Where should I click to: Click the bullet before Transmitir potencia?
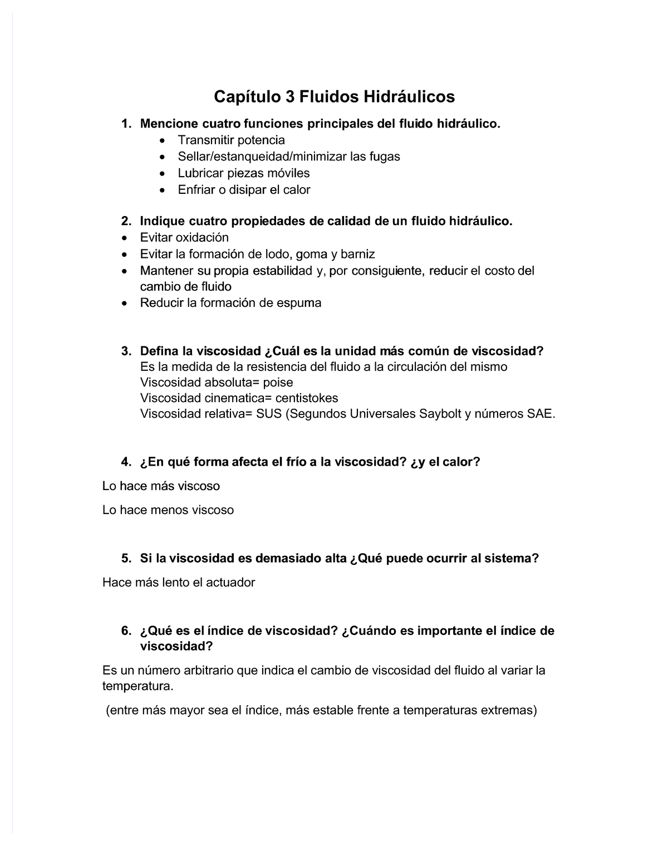[x=162, y=140]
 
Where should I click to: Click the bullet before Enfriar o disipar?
[x=162, y=190]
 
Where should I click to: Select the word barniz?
[x=358, y=255]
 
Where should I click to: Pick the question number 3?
[x=126, y=351]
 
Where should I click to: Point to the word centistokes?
[x=306, y=398]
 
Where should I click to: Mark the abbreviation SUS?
[x=269, y=414]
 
